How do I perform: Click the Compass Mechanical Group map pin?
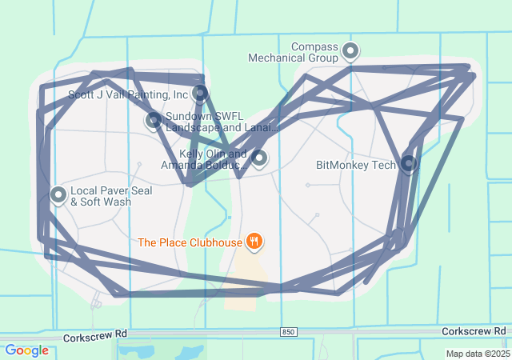pyautogui.click(x=350, y=52)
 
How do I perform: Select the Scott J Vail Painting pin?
pyautogui.click(x=200, y=94)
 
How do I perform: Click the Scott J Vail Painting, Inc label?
pyautogui.click(x=128, y=94)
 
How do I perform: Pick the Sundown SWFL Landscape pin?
pyautogui.click(x=154, y=121)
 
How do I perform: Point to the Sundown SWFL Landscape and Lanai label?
pyautogui.click(x=221, y=122)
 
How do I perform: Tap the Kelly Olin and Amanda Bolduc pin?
pyautogui.click(x=258, y=158)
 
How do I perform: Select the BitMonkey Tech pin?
pyautogui.click(x=409, y=164)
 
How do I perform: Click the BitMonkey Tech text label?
pyautogui.click(x=356, y=166)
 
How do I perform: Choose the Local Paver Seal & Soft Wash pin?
pyautogui.click(x=58, y=194)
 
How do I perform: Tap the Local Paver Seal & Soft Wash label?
pyautogui.click(x=110, y=197)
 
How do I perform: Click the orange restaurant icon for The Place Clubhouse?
pyautogui.click(x=254, y=240)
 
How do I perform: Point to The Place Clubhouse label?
pyautogui.click(x=190, y=242)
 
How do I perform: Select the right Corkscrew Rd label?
pyautogui.click(x=474, y=330)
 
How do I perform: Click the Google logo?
pyautogui.click(x=26, y=350)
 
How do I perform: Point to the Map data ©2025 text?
pyautogui.click(x=478, y=354)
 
